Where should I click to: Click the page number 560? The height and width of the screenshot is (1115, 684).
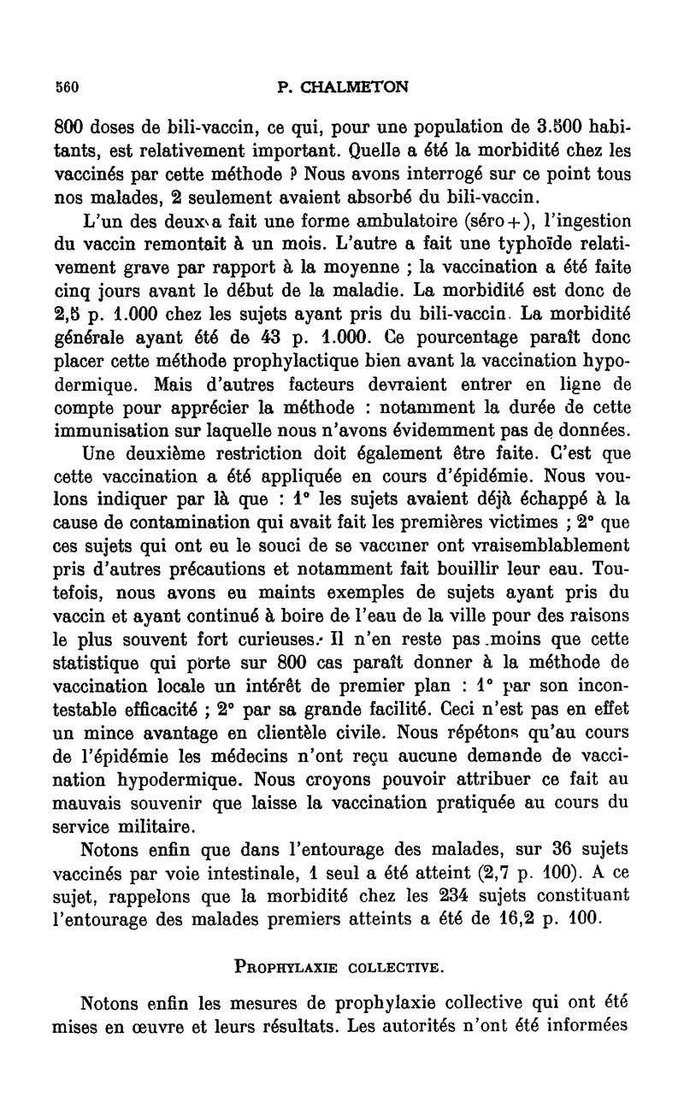[66, 86]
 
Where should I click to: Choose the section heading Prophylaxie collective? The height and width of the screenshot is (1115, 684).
[341, 967]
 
